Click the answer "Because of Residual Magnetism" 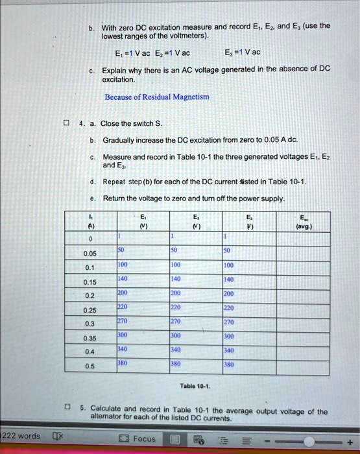(x=157, y=97)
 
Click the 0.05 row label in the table (x=90, y=254)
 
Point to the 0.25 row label (x=90, y=309)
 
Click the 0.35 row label (x=90, y=337)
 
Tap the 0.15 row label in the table (x=90, y=281)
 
